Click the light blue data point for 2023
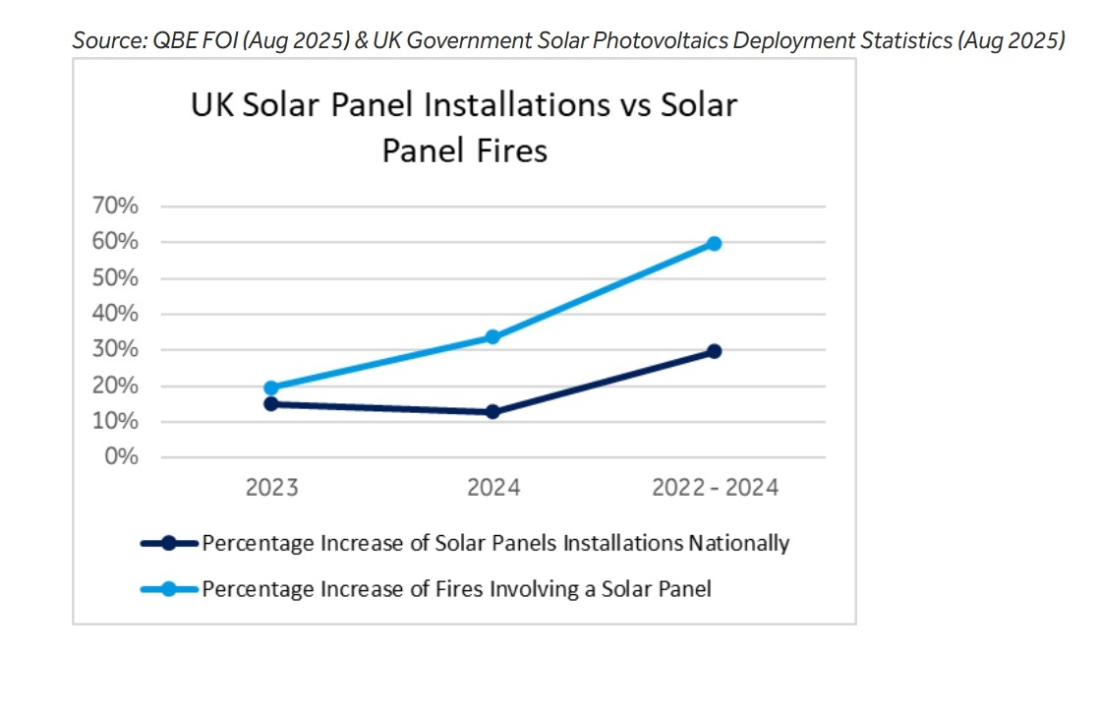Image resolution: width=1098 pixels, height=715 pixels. point(271,387)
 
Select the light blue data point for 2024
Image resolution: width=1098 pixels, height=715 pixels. point(492,337)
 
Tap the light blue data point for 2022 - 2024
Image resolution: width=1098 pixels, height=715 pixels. point(715,243)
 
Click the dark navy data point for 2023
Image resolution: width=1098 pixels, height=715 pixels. point(271,403)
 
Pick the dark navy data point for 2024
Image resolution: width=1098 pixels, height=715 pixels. point(492,412)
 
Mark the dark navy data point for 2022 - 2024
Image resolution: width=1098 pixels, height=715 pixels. point(715,351)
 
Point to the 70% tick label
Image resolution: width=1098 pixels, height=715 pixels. point(116,207)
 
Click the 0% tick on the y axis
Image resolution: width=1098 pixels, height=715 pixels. point(123,457)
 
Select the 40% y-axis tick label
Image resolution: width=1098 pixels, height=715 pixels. point(116,314)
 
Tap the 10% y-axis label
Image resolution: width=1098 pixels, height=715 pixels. point(116,422)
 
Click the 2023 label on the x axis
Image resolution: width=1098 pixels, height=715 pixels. point(271,488)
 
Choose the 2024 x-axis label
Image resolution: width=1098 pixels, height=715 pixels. point(492,488)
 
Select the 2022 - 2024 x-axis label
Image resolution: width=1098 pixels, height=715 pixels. point(715,488)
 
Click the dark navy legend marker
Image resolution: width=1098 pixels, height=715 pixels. point(169,543)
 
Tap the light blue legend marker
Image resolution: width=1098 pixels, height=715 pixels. point(169,589)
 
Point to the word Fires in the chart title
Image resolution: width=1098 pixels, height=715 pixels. point(507,150)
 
